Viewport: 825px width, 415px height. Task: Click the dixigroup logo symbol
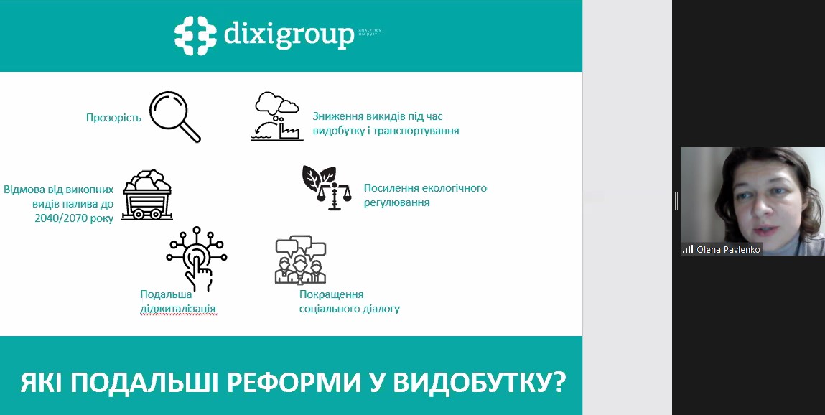click(196, 35)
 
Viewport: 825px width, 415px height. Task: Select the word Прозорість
click(113, 117)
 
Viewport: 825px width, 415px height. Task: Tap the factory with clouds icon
click(276, 116)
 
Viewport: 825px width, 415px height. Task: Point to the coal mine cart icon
click(147, 195)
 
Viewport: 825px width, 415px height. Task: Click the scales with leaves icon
click(327, 187)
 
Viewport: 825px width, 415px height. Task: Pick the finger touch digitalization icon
click(197, 258)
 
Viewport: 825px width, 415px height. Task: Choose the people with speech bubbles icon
click(300, 261)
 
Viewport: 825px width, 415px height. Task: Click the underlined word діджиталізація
click(178, 309)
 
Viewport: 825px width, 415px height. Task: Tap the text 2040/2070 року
click(74, 218)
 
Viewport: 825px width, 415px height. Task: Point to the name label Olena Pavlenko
click(728, 249)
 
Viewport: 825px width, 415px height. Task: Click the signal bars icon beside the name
click(688, 249)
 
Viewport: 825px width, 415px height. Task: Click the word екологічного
click(449, 188)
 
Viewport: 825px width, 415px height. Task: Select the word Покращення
click(331, 294)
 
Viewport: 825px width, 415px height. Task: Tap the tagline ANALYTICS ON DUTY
click(369, 32)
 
